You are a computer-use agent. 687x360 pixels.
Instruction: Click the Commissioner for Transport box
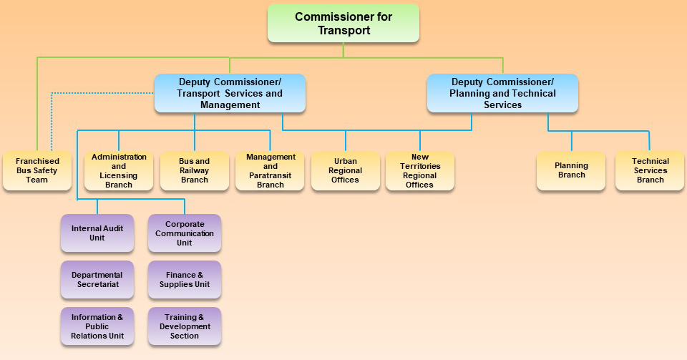[x=343, y=23]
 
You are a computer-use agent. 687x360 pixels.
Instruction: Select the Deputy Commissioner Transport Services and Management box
[x=230, y=93]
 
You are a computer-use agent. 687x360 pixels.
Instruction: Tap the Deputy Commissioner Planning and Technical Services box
[x=502, y=93]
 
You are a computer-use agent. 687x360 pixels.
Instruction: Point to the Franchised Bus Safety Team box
[x=36, y=170]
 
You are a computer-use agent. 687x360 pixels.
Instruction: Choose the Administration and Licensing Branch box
[x=119, y=170]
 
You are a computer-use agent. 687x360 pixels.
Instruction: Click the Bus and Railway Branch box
[x=195, y=170]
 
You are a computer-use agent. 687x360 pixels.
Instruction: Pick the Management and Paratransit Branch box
[x=271, y=170]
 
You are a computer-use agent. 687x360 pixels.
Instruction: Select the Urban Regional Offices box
[x=346, y=170]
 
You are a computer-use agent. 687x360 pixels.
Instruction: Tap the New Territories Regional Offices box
[x=420, y=170]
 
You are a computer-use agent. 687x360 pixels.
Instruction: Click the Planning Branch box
[x=571, y=170]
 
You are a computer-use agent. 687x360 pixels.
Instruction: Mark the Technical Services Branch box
[x=650, y=170]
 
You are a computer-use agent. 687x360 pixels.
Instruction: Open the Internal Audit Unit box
[x=97, y=233]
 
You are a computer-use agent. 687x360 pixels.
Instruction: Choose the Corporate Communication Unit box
[x=185, y=233]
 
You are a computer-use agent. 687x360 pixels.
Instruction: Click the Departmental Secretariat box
[x=97, y=280]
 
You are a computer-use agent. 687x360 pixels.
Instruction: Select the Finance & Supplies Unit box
[x=185, y=280]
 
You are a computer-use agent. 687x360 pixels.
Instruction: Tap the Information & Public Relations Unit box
[x=97, y=326]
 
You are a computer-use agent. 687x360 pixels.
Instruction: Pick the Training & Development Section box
[x=185, y=326]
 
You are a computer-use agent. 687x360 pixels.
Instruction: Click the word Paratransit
[x=271, y=175]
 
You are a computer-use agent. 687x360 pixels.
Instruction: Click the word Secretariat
[x=98, y=285]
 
